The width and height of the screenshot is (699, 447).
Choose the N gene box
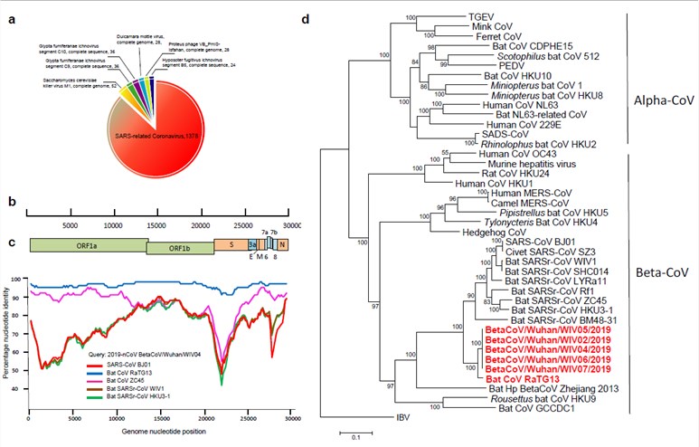pos(283,244)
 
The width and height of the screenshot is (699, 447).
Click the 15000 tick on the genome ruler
pos(159,224)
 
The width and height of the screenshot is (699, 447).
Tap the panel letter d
pos(331,16)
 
